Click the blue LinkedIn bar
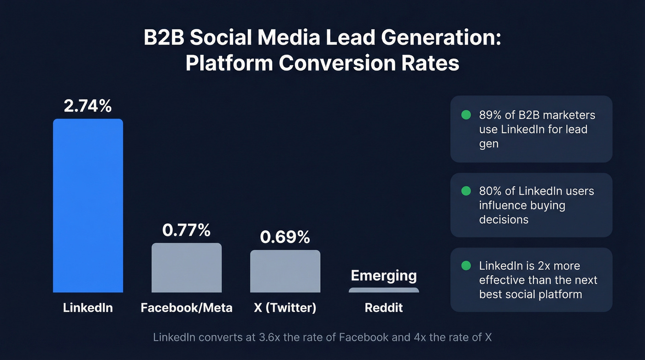click(88, 206)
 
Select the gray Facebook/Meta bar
click(187, 268)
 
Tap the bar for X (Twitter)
click(285, 271)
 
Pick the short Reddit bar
click(384, 290)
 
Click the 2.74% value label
click(88, 106)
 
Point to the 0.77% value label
click(187, 230)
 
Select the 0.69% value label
click(285, 237)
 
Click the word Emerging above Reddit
click(384, 276)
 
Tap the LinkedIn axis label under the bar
click(88, 308)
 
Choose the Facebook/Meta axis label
click(187, 308)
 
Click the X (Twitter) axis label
click(285, 308)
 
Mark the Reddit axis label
click(384, 308)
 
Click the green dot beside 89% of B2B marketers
click(466, 115)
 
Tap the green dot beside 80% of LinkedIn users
click(466, 191)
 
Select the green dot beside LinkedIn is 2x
click(466, 266)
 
